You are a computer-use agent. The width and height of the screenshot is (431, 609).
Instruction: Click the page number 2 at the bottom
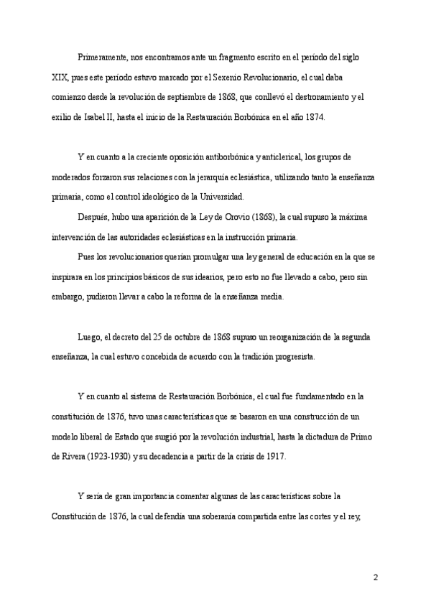coord(375,577)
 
